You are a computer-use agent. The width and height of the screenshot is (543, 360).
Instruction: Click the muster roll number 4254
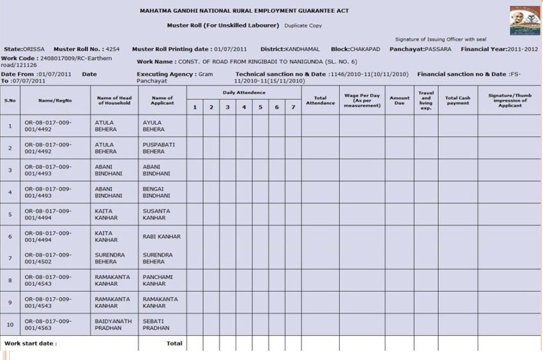(x=112, y=49)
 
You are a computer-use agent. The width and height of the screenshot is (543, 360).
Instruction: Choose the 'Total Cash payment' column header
(x=457, y=100)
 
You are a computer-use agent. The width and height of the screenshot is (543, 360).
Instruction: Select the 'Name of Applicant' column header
(x=162, y=100)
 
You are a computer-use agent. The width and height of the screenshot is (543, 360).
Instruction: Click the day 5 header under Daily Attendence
(x=260, y=107)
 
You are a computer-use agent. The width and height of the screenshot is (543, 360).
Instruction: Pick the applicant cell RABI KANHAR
(x=162, y=236)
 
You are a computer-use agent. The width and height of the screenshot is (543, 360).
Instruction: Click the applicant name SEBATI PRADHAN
(x=157, y=324)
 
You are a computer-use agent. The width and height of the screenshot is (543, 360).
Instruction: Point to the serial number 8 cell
(x=10, y=280)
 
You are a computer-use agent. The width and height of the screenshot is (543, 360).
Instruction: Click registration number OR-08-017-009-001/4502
(x=48, y=259)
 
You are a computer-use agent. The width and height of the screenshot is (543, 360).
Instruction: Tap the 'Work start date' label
(x=30, y=343)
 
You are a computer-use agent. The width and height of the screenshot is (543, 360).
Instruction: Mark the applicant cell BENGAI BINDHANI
(x=157, y=192)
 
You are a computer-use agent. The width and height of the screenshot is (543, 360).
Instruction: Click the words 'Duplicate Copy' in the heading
(x=303, y=26)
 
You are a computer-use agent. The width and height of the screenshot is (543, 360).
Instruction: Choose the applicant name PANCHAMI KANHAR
(x=157, y=280)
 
